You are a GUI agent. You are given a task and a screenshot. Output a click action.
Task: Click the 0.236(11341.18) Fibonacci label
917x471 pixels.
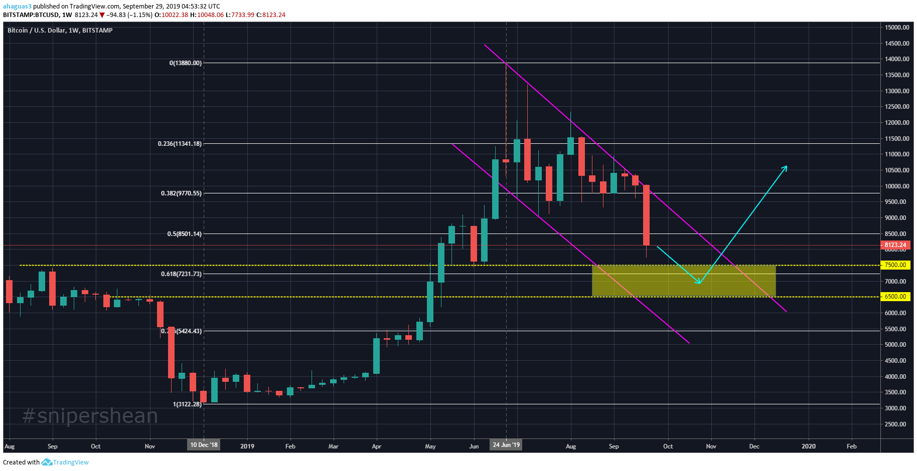180,144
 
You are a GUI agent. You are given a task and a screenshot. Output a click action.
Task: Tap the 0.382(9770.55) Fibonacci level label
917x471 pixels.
181,193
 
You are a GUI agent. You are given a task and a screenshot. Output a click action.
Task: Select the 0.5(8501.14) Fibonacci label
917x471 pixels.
184,234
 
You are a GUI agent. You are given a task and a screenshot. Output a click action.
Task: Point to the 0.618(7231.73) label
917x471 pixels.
181,274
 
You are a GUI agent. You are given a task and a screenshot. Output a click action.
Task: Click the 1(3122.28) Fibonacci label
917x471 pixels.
187,404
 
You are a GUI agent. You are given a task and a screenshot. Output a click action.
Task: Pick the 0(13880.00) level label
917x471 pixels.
185,63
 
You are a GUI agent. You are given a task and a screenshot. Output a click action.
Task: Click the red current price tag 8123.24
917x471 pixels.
895,245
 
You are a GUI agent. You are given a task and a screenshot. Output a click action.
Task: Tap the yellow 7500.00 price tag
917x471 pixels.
895,265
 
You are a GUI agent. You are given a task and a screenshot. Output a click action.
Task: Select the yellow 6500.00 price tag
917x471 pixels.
895,297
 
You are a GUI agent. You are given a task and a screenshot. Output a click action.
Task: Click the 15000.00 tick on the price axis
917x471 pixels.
897,28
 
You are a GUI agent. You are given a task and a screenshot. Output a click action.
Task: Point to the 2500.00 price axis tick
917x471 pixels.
895,424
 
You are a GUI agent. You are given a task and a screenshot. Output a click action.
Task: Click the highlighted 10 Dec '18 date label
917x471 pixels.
204,445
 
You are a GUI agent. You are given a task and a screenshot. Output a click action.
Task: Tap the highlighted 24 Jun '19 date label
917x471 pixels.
506,444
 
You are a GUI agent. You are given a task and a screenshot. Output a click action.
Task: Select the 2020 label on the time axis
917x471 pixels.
808,446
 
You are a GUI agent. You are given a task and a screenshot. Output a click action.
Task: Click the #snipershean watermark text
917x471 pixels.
90,416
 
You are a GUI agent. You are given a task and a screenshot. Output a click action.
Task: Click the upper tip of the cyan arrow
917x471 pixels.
786,166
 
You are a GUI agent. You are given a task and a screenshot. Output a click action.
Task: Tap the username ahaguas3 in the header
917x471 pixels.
17,7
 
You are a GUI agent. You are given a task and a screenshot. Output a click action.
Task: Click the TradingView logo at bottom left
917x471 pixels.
65,462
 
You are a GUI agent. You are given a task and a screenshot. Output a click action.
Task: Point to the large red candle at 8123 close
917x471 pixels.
646,215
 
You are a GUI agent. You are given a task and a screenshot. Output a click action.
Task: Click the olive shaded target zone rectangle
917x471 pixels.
683,281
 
